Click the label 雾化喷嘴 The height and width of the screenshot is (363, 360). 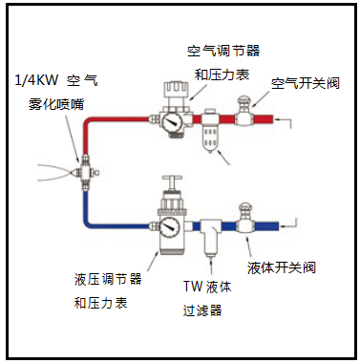click(x=56, y=104)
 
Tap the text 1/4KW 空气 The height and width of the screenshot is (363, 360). click(x=56, y=80)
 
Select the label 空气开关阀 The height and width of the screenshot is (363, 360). click(x=306, y=83)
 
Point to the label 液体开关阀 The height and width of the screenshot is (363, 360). click(x=282, y=267)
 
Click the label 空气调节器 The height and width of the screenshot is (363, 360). click(x=223, y=51)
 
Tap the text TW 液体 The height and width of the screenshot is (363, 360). click(x=207, y=287)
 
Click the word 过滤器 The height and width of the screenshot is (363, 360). click(x=202, y=310)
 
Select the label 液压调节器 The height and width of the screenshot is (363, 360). click(x=108, y=279)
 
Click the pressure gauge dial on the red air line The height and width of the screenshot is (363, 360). click(x=171, y=121)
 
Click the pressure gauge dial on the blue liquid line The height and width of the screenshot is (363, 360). click(x=170, y=227)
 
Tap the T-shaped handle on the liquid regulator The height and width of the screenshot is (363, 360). click(x=172, y=181)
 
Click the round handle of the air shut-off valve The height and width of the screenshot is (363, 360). click(x=244, y=101)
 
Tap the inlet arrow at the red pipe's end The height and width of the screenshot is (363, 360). click(x=284, y=122)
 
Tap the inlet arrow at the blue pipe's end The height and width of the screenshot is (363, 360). click(x=288, y=223)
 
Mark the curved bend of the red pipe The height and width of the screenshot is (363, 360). click(x=88, y=121)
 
